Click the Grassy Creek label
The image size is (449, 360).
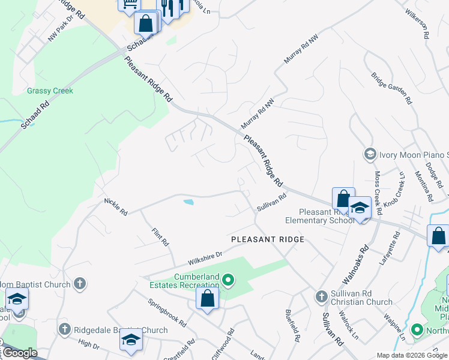[50, 91]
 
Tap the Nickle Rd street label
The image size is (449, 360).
[115, 206]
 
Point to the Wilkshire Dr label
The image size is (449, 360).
[205, 259]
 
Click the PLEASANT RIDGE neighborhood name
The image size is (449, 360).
[268, 239]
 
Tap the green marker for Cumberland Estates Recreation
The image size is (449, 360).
[228, 280]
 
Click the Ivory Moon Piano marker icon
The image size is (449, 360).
[370, 154]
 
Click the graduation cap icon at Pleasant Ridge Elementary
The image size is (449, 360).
[360, 208]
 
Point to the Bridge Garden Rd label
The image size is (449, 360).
[391, 88]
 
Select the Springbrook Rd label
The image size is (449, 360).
[167, 312]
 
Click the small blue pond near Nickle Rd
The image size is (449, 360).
[188, 203]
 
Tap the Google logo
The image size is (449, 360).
[20, 353]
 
